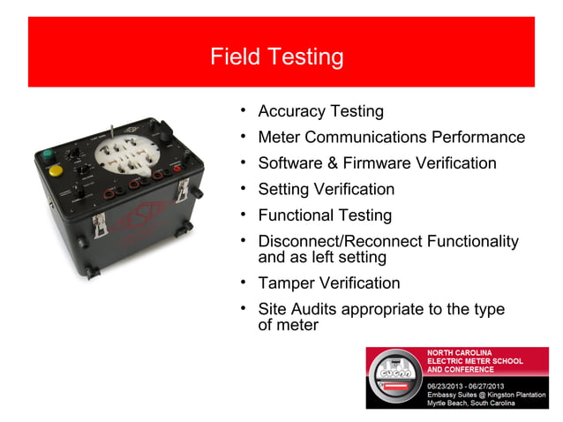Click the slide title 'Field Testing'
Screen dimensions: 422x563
pos(276,57)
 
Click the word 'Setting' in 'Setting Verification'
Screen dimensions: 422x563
pos(285,189)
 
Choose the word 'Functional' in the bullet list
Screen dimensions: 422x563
pos(297,215)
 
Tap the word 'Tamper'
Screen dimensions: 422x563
pos(285,283)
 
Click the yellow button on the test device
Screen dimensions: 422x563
pos(55,170)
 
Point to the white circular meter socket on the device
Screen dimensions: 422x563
pos(127,158)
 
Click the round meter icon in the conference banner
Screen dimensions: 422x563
pos(395,379)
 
